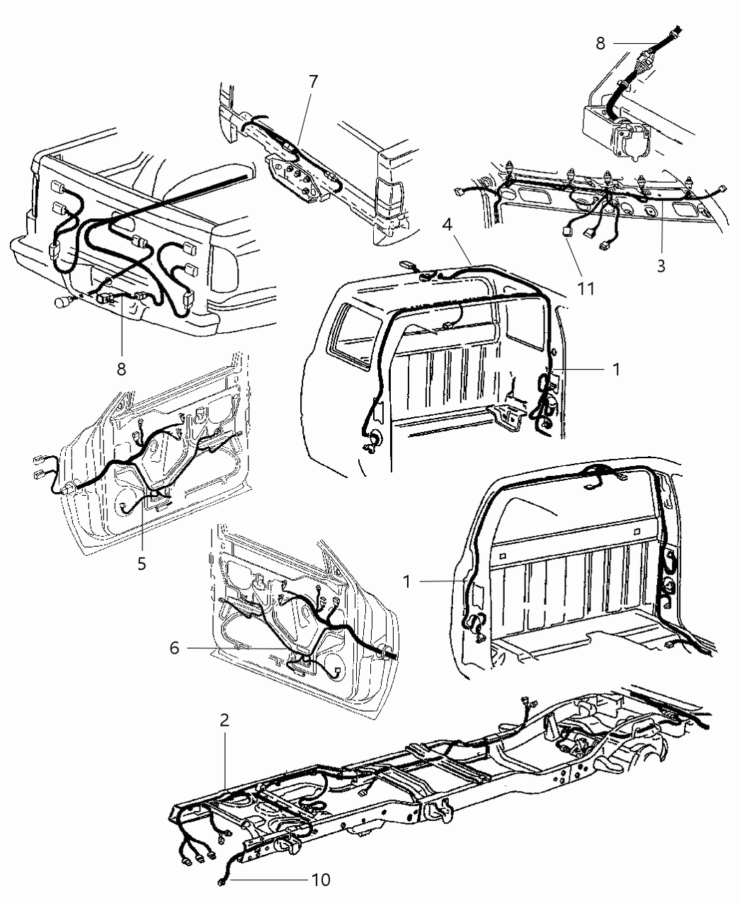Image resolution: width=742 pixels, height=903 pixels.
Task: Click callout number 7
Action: pos(313,81)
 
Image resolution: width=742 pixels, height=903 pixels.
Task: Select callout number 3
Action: pos(661,266)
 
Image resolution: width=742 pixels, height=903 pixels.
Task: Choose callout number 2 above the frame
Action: pos(224,721)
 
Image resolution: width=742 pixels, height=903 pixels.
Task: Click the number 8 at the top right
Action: pos(600,43)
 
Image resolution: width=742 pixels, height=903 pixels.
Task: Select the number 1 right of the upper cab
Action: pos(616,369)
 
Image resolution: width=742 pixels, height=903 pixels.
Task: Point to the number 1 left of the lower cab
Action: pos(407,581)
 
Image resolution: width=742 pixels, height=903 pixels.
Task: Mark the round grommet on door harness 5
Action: pos(70,487)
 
